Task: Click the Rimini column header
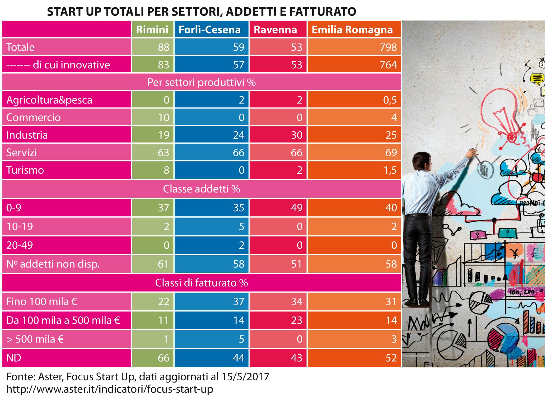click(x=152, y=29)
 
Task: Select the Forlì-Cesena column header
click(x=209, y=29)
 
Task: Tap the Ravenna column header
click(x=275, y=29)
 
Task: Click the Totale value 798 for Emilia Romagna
click(x=388, y=47)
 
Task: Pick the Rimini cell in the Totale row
click(x=163, y=47)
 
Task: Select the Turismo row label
click(x=25, y=170)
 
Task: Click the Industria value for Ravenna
click(x=297, y=135)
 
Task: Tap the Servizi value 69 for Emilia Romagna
click(x=391, y=153)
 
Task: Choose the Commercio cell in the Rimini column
click(x=164, y=117)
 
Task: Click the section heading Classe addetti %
click(x=201, y=189)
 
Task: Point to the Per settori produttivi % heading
click(x=201, y=82)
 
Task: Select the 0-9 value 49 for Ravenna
click(x=297, y=208)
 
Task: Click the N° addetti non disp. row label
click(x=53, y=264)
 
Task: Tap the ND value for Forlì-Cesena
click(x=238, y=358)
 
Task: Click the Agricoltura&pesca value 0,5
click(x=390, y=100)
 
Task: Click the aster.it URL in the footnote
click(x=109, y=389)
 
